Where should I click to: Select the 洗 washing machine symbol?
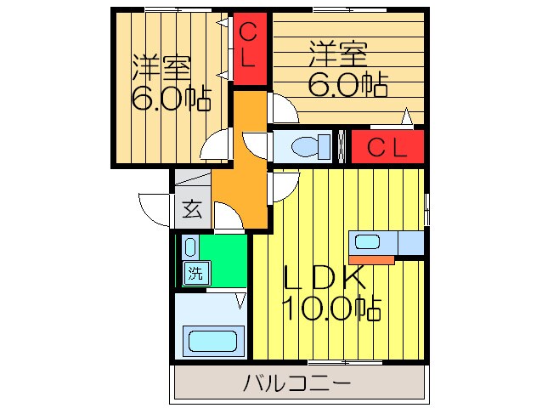[x=195, y=274]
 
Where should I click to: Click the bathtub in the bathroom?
[x=211, y=343]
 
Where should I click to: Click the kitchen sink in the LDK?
[x=368, y=241]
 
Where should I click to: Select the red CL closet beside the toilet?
[x=387, y=146]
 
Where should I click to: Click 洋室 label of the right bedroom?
[x=338, y=54]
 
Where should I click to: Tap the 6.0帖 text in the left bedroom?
[x=170, y=99]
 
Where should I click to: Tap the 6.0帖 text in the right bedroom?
[x=348, y=83]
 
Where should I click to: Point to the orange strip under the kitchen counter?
[x=372, y=259]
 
